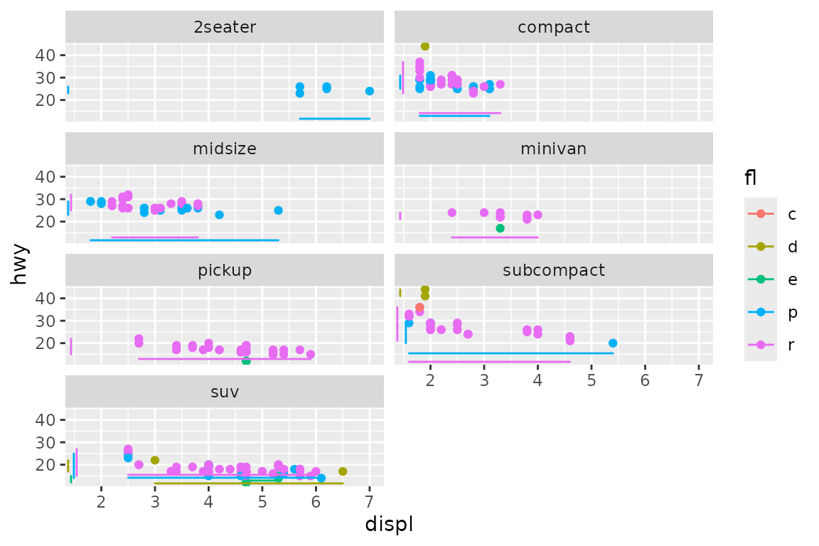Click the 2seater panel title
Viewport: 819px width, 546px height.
coord(225,28)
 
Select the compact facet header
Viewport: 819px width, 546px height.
coord(554,28)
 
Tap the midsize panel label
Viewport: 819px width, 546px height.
coord(225,149)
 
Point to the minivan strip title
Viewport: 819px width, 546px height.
coord(554,149)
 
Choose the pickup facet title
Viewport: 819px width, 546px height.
coord(225,271)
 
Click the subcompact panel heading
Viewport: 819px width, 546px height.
coord(554,271)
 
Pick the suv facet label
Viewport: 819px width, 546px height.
coord(225,392)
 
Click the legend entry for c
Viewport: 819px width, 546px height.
coord(773,214)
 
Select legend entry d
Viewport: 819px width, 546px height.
coord(773,247)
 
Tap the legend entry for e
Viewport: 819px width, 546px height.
coord(773,279)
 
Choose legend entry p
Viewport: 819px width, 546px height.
coord(773,312)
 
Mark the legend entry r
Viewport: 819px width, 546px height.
coord(773,345)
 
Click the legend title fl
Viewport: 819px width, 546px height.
coord(751,178)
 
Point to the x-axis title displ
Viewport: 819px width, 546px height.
coord(389,525)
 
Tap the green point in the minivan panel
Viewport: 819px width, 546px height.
coord(500,228)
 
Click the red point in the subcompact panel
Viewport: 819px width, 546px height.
coord(419,308)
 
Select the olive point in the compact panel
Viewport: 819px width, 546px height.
coord(425,46)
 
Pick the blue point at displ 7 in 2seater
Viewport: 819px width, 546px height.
coord(370,91)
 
